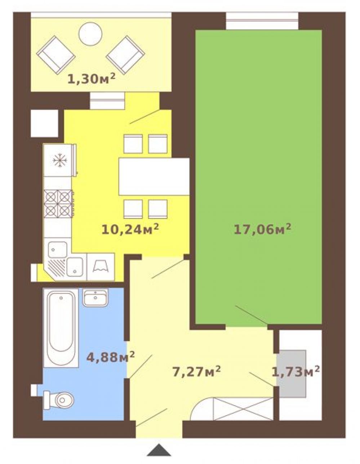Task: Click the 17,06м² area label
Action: point(262,230)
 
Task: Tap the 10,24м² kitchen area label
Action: point(130,230)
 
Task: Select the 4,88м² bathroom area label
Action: point(110,357)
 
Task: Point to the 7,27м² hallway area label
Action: point(196,372)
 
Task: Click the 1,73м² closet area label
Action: point(295,372)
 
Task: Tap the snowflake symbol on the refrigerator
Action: point(60,160)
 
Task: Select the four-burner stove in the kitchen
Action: point(59,203)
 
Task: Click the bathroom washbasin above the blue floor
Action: point(95,298)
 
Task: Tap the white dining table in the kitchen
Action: point(154,176)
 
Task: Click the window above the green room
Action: point(262,21)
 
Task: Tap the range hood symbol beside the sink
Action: point(101,267)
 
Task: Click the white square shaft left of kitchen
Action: point(45,123)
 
